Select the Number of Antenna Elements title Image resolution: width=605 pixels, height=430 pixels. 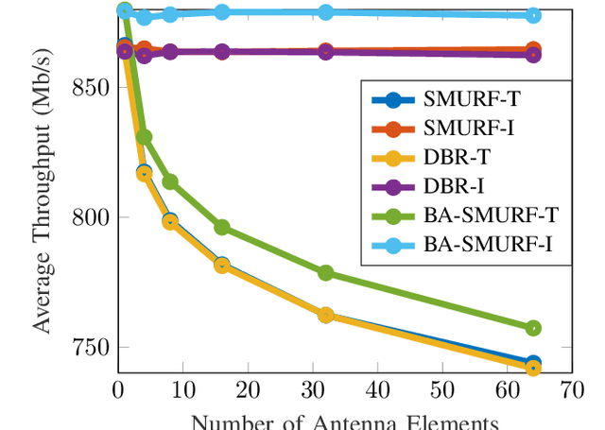coord(344,421)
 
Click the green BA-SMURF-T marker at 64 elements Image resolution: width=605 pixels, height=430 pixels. coord(532,328)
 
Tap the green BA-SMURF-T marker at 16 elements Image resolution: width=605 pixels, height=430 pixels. coord(221,227)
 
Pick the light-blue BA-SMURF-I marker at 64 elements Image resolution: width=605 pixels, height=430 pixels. coord(532,15)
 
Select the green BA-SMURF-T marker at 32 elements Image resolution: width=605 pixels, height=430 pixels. coord(325,273)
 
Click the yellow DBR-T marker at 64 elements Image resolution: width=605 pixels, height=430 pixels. coord(532,369)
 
